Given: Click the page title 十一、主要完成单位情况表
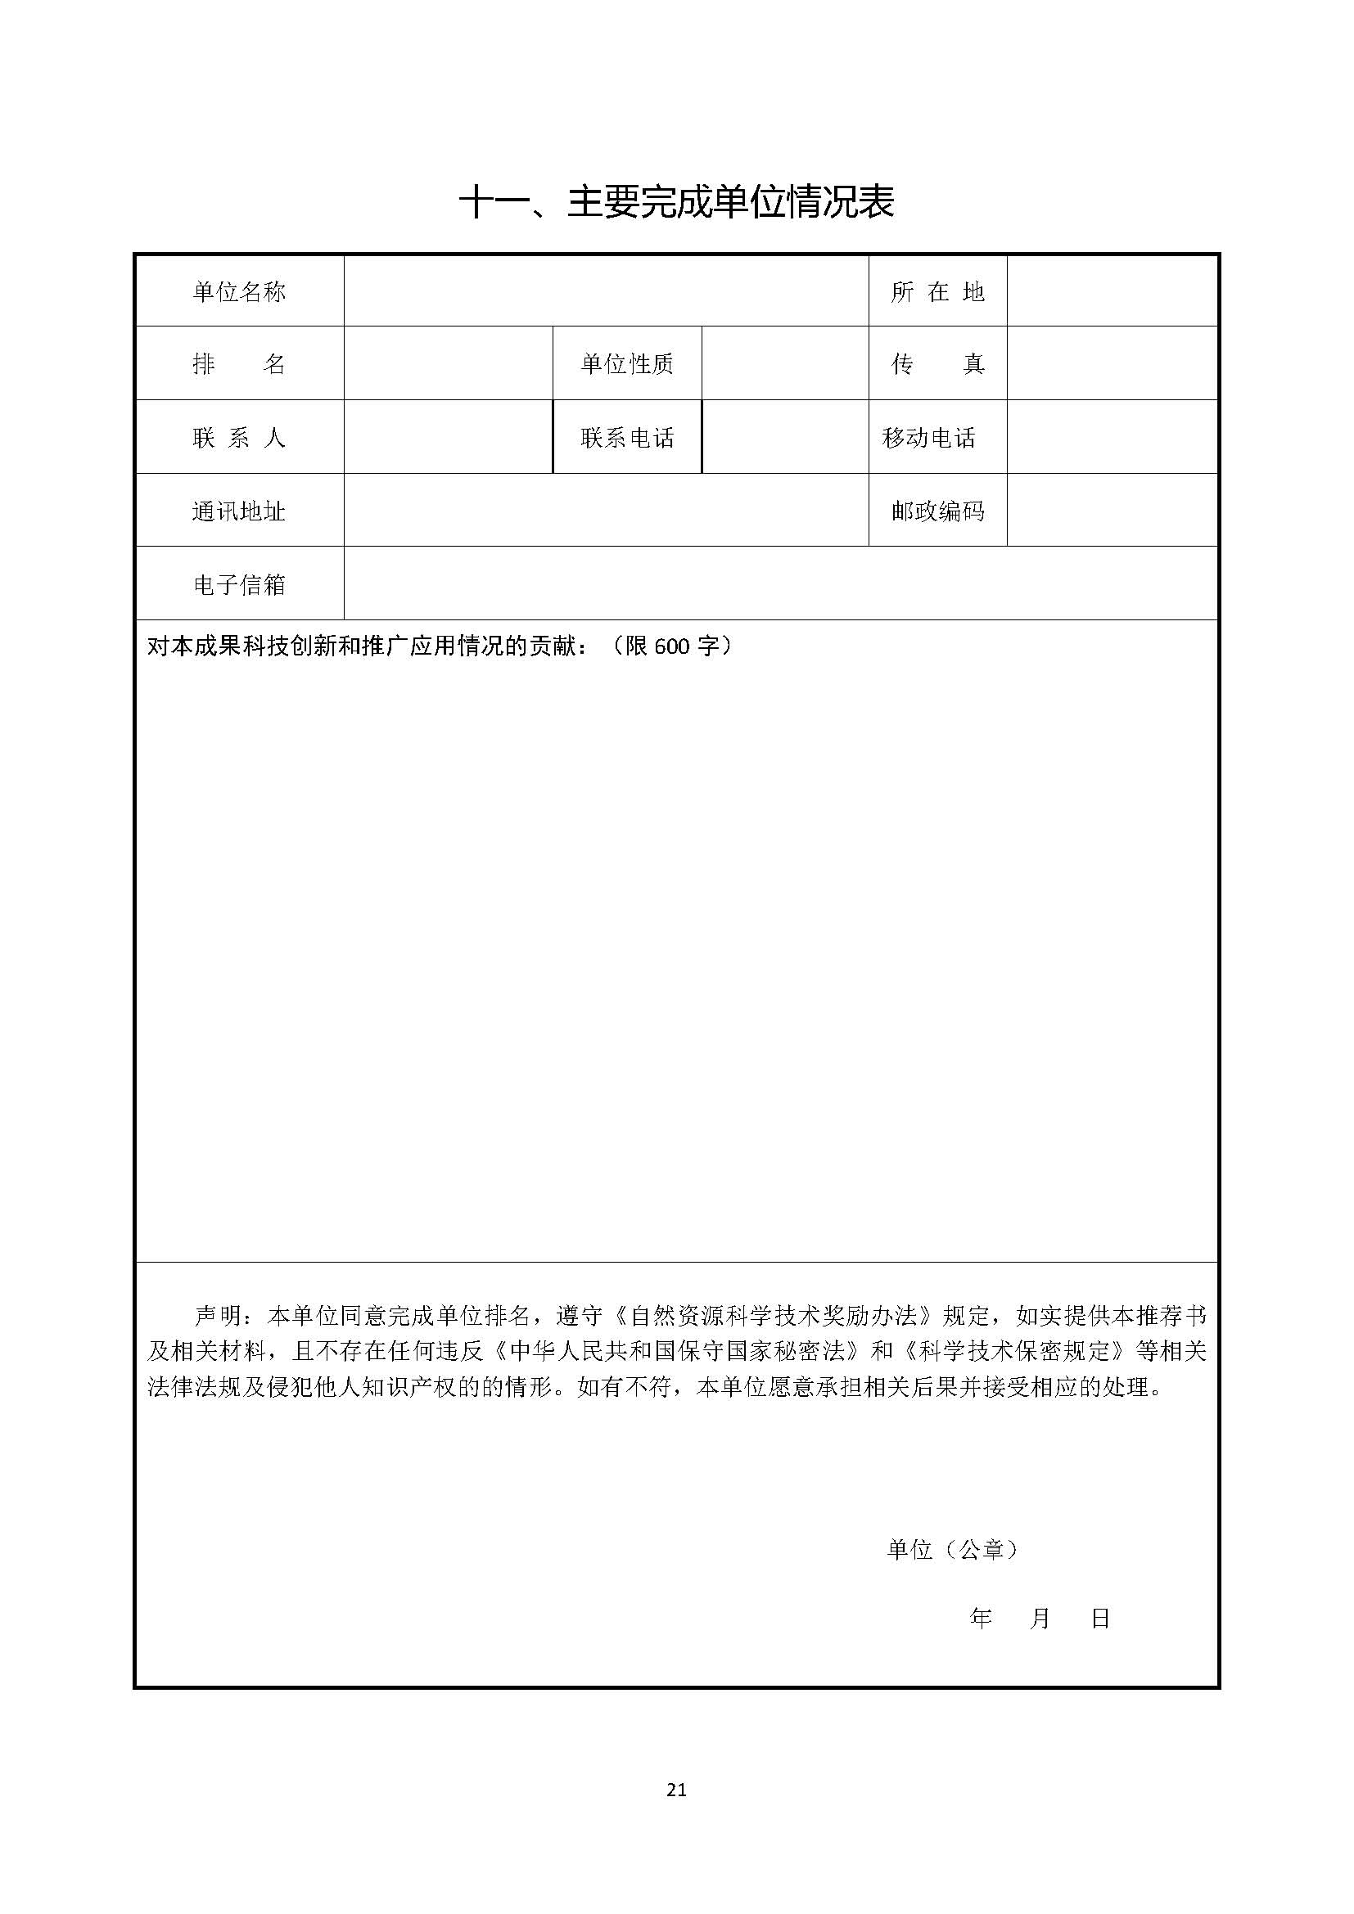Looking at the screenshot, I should pyautogui.click(x=676, y=202).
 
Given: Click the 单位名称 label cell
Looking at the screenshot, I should pyautogui.click(x=239, y=291).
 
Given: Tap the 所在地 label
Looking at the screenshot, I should pyautogui.click(x=937, y=291).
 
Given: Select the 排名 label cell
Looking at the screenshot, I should pyautogui.click(x=239, y=363).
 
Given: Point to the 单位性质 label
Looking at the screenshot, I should pyautogui.click(x=627, y=363).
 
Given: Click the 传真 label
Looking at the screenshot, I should pyautogui.click(x=937, y=363).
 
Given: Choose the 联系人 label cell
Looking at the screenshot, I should pyautogui.click(x=239, y=437).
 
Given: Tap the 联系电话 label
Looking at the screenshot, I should pyautogui.click(x=627, y=437).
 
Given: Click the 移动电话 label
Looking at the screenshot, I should pyautogui.click(x=929, y=437).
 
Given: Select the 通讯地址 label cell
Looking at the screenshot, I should pyautogui.click(x=239, y=510).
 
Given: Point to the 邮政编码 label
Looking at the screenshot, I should pyautogui.click(x=937, y=510).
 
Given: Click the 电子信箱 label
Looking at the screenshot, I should pyautogui.click(x=239, y=583).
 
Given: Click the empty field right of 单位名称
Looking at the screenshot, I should pyautogui.click(x=606, y=291).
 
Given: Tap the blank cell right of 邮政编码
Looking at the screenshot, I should pyautogui.click(x=1113, y=510).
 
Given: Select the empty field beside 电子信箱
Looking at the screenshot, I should pyautogui.click(x=780, y=583).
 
